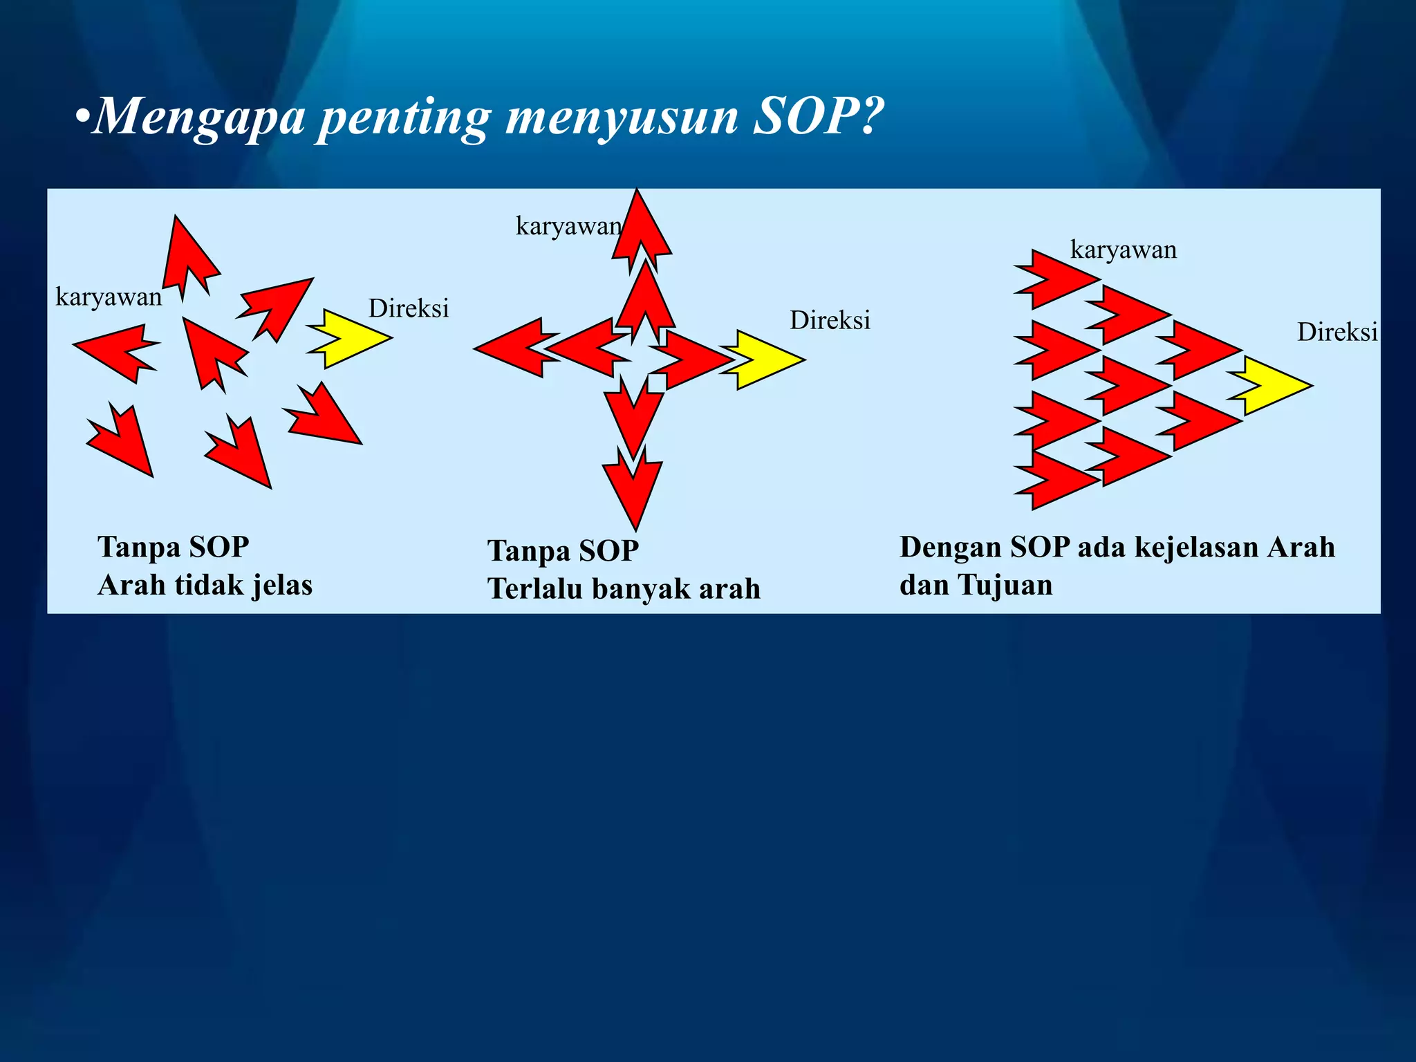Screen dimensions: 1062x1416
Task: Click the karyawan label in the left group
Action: click(109, 297)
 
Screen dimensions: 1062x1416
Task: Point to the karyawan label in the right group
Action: click(1123, 250)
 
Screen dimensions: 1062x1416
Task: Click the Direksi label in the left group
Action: click(409, 308)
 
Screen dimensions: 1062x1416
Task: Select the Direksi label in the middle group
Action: click(830, 320)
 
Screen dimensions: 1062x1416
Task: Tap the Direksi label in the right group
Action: click(1336, 333)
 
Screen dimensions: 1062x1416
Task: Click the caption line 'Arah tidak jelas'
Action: click(205, 585)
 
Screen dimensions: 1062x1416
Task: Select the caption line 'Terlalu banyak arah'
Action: click(624, 589)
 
